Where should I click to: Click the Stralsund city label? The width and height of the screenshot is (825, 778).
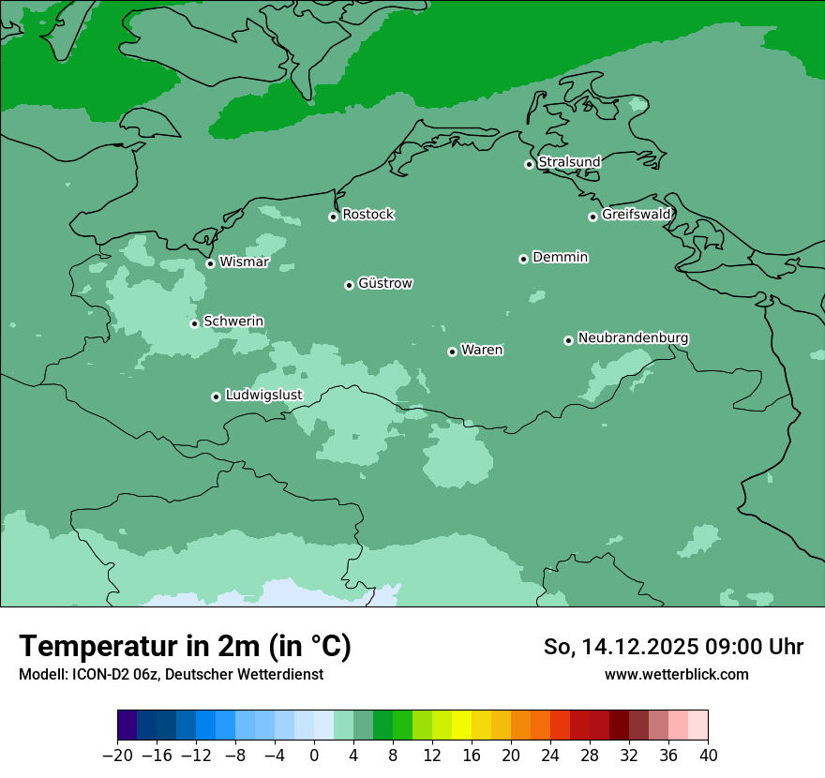[x=569, y=162]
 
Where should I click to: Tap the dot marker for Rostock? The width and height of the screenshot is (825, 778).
[x=333, y=217]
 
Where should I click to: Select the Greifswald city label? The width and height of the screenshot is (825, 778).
[x=637, y=215]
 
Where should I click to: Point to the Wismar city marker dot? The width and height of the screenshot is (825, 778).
[x=210, y=263]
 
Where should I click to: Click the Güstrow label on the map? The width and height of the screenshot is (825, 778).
[x=385, y=283]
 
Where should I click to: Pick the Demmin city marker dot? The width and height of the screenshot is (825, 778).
[x=523, y=259]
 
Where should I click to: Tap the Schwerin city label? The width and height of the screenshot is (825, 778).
[x=233, y=322]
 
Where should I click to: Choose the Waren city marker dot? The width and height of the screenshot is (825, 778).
[x=452, y=352]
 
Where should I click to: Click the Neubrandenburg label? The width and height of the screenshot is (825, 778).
[x=633, y=338]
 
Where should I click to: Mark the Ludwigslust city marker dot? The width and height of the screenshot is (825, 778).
[x=216, y=396]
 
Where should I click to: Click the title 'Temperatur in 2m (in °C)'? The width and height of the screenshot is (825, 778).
[x=186, y=647]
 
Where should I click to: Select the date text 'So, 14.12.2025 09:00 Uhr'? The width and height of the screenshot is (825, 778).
[x=673, y=647]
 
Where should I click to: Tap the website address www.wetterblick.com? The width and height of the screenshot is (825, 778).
[x=677, y=674]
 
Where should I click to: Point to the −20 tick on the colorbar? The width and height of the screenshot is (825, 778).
[x=117, y=755]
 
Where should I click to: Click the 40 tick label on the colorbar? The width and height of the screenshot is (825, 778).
[x=708, y=755]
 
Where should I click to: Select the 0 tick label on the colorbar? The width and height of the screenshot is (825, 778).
[x=314, y=755]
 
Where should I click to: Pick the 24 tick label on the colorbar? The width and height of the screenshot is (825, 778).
[x=550, y=755]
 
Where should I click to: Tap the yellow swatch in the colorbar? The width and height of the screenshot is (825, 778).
[x=461, y=726]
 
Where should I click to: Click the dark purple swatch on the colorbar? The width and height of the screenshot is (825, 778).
[x=127, y=726]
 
